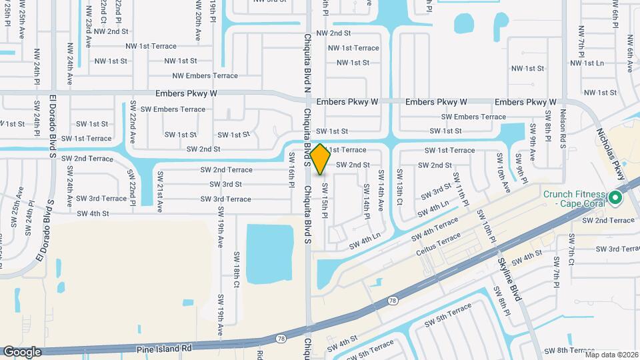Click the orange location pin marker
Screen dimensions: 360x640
pyautogui.click(x=320, y=159)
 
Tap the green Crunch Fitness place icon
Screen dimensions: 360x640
pyautogui.click(x=615, y=198)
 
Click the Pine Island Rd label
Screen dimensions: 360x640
pyautogui.click(x=163, y=348)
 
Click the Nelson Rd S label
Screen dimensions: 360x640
pyautogui.click(x=563, y=127)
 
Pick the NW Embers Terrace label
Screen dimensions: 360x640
pyautogui.click(x=205, y=76)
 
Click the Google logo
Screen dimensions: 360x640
pyautogui.click(x=22, y=351)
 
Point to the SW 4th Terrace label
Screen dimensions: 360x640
pyautogui.click(x=434, y=228)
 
